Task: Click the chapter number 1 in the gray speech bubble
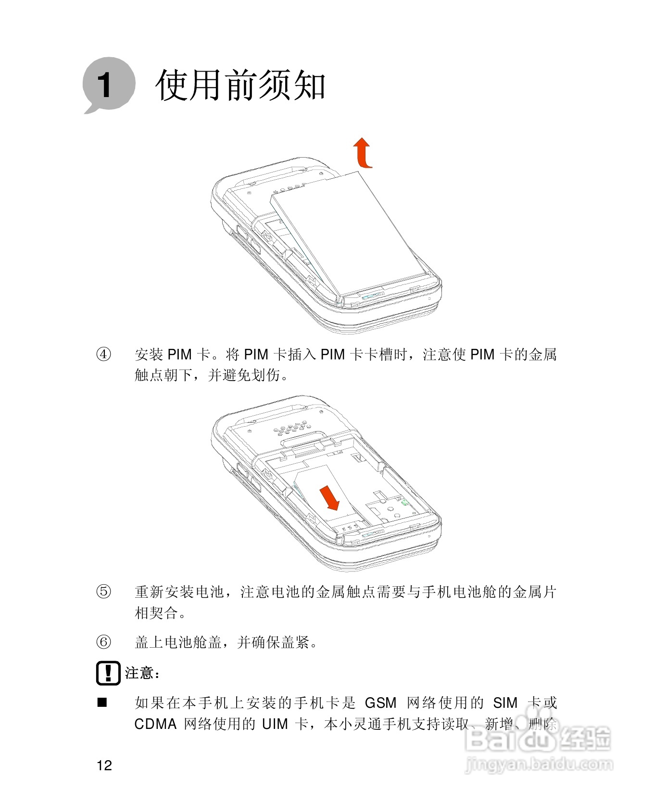pos(104,86)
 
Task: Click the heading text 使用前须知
pos(240,86)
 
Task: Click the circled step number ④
pos(104,355)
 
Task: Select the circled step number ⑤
pos(104,592)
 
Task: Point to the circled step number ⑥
pos(104,641)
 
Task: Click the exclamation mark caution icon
pos(108,673)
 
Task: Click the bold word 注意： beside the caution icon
pos(142,673)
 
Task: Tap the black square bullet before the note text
pos(102,703)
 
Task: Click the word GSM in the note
pos(380,703)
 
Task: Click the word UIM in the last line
pos(275,724)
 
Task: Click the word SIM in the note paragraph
pos(505,703)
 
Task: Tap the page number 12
pos(104,765)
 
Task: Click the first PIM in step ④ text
pos(179,355)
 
